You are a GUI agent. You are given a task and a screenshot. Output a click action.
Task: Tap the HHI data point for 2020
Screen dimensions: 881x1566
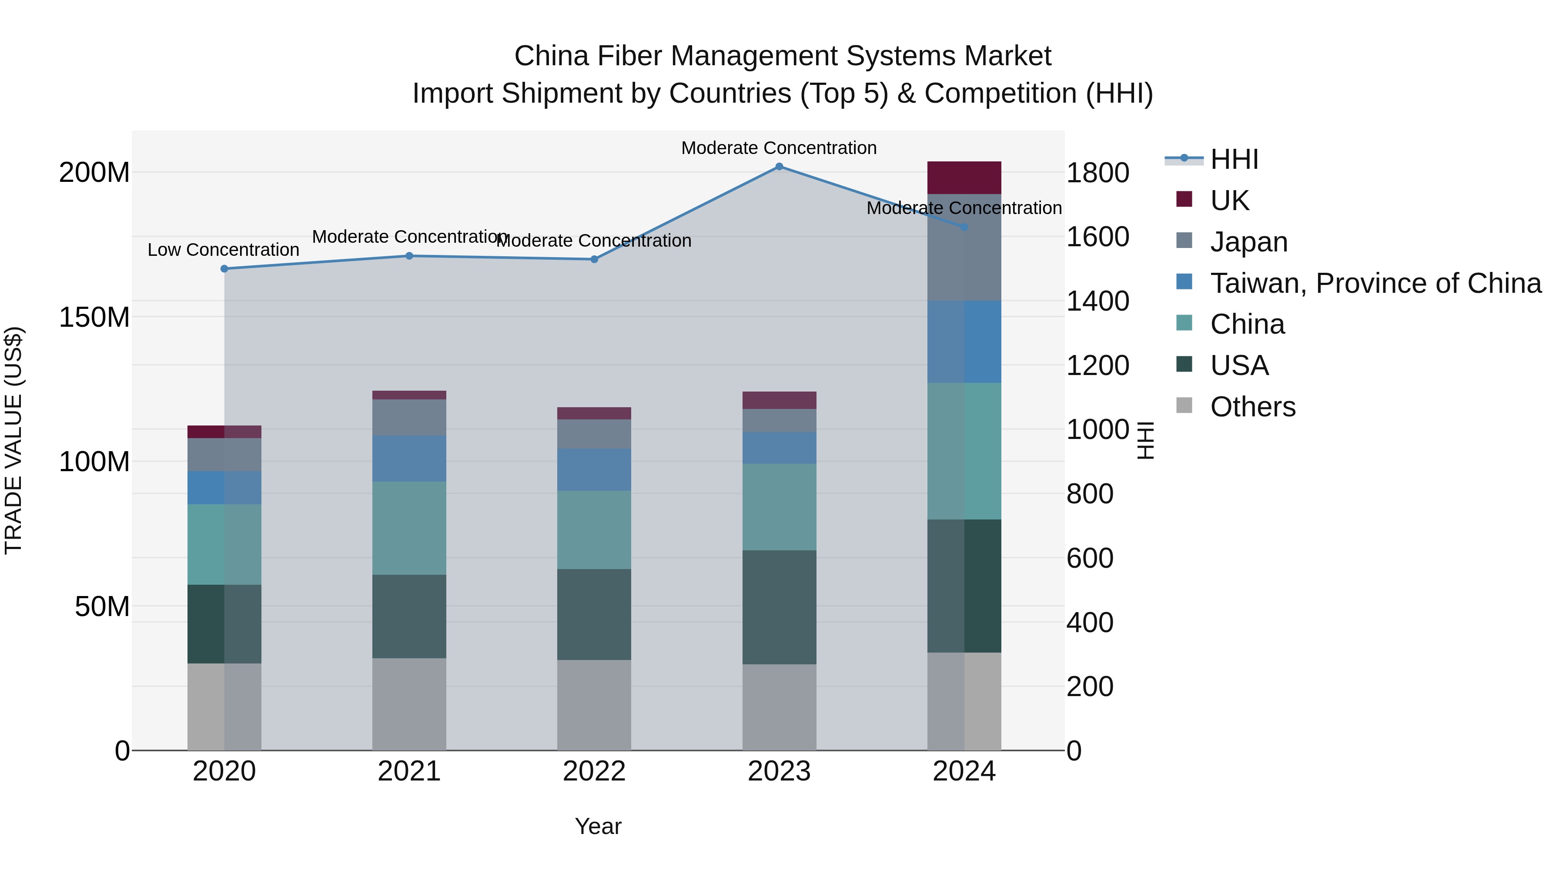click(x=224, y=269)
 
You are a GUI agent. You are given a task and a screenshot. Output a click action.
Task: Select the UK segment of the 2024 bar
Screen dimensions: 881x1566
click(x=964, y=178)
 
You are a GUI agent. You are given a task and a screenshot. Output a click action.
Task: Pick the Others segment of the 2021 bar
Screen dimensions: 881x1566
click(x=409, y=704)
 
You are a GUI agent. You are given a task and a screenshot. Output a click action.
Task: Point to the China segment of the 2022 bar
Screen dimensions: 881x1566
click(x=594, y=529)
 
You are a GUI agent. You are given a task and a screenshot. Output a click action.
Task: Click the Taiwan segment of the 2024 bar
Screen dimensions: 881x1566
click(x=964, y=342)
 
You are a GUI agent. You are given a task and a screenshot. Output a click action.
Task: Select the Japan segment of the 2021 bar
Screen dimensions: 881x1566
click(x=409, y=417)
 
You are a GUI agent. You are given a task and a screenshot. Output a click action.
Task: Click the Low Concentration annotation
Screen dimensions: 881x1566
click(x=223, y=250)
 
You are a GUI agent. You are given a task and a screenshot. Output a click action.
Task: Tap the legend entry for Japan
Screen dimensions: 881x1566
click(x=1248, y=242)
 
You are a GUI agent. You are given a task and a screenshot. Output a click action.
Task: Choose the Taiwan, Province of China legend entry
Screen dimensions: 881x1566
click(x=1375, y=283)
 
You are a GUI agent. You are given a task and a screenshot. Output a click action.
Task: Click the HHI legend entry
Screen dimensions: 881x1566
click(x=1234, y=159)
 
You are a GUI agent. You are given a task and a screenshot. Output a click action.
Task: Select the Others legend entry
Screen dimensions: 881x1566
click(x=1252, y=407)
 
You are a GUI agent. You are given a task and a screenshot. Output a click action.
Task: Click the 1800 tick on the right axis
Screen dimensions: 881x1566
click(x=1098, y=173)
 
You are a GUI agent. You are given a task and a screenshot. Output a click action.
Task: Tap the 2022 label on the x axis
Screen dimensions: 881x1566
click(x=594, y=771)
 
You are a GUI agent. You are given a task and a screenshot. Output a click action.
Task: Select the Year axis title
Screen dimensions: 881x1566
click(x=598, y=826)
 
